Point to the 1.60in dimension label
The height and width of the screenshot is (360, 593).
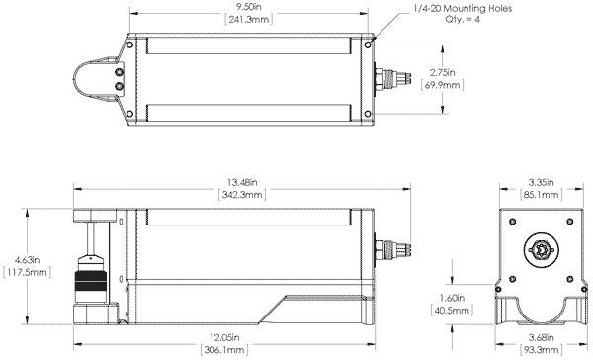coord(450,296)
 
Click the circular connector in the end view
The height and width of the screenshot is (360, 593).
coord(540,250)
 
